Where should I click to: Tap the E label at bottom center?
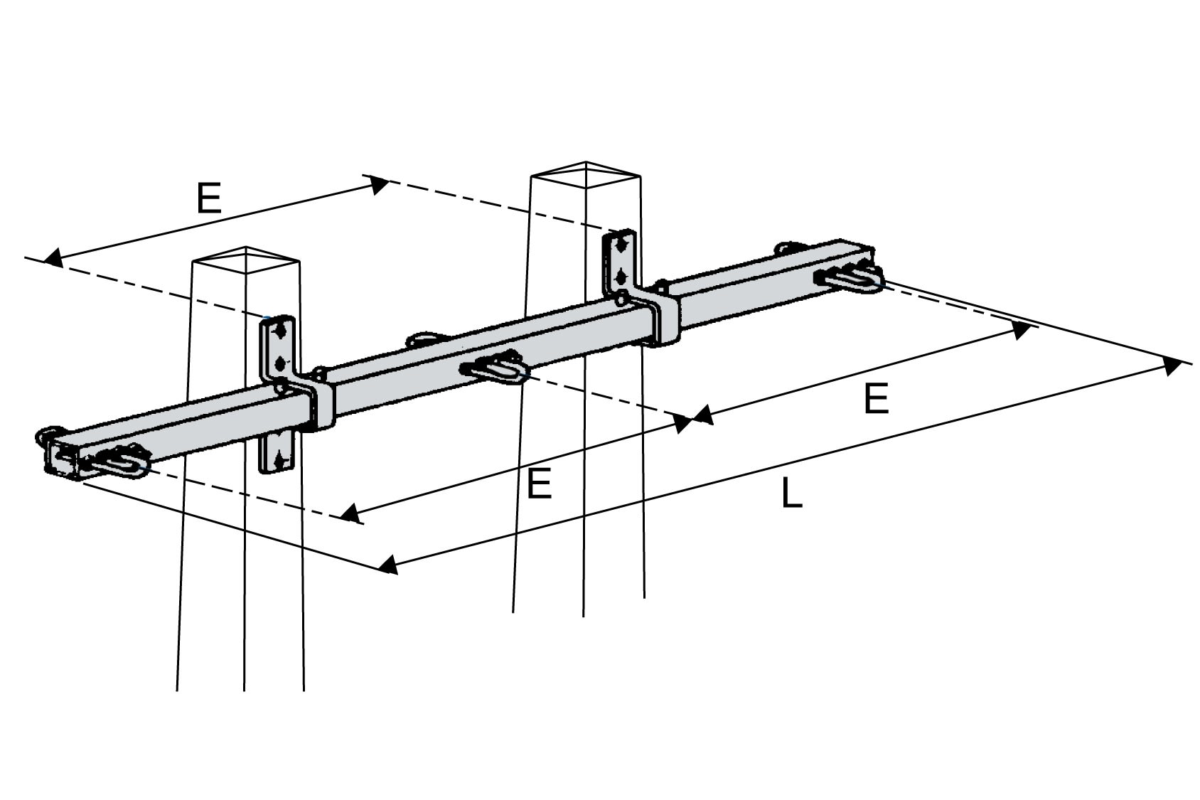pyautogui.click(x=540, y=485)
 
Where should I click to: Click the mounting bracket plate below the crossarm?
pyautogui.click(x=276, y=452)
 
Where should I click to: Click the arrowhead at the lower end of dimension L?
pyautogui.click(x=387, y=565)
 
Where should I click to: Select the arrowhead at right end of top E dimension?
pyautogui.click(x=379, y=184)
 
